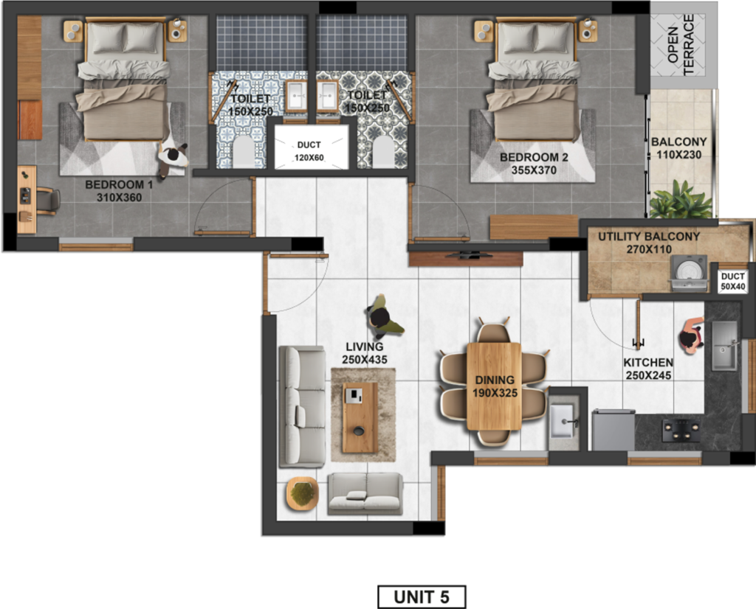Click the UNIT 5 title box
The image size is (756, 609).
pos(422,597)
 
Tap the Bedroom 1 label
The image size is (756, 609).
pos(119,184)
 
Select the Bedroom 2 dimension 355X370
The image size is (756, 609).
pos(534,170)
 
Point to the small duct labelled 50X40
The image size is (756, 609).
pos(732,282)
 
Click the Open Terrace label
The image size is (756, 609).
pos(681,44)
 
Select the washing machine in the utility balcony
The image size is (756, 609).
pos(689,273)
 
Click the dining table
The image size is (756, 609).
pos(494,386)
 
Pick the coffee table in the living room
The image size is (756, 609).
pos(360,417)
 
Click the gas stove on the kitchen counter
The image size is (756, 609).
pos(681,431)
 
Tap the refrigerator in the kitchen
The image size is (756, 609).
pos(614,430)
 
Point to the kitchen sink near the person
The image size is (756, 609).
pos(724,346)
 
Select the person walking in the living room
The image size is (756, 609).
pos(384,317)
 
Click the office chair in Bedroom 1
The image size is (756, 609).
pos(47,201)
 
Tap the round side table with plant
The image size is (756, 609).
pos(302,494)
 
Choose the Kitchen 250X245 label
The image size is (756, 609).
pos(648,369)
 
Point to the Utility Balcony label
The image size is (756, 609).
pos(649,237)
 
